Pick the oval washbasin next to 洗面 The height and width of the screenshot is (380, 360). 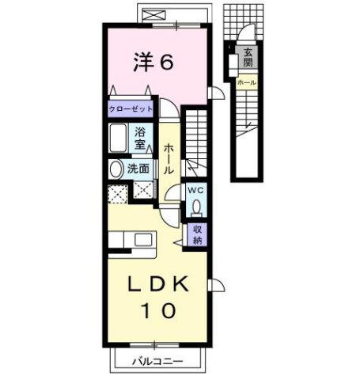[x=116, y=169]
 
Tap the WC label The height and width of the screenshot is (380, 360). [x=195, y=191]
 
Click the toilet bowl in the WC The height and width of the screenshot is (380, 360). [x=196, y=207]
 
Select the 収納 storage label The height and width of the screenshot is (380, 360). [x=198, y=235]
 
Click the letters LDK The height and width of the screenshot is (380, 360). [x=158, y=283]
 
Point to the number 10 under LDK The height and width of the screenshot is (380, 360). [x=158, y=312]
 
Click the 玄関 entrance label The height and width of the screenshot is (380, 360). [x=248, y=57]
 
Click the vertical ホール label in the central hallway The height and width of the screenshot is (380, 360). [x=169, y=159]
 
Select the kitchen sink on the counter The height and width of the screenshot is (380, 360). [x=145, y=241]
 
